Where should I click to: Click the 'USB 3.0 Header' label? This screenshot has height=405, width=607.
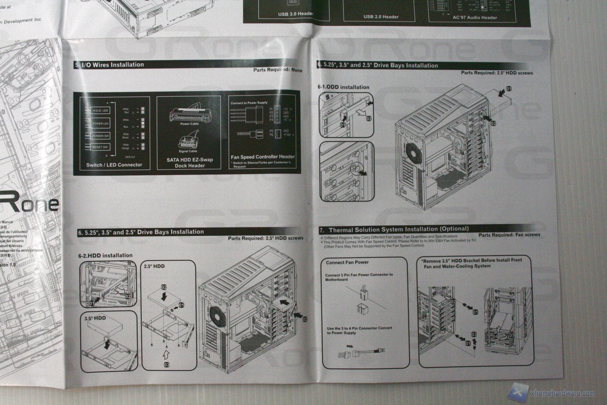[x=295, y=14]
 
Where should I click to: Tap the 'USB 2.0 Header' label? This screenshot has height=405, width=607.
[x=381, y=17]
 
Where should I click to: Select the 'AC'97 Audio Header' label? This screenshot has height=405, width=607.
[x=475, y=17]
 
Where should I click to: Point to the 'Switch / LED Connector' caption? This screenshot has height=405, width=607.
[x=114, y=165]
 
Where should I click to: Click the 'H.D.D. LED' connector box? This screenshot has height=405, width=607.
[x=100, y=110]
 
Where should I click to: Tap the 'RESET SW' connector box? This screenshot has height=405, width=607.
[x=100, y=147]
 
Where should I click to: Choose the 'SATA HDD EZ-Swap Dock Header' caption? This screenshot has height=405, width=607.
[x=190, y=162]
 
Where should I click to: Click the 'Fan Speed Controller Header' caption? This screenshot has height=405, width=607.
[x=263, y=157]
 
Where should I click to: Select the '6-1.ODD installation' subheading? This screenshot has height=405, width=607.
[x=343, y=87]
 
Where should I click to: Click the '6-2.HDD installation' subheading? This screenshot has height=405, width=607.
[x=105, y=256]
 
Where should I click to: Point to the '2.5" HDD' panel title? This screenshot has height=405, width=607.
[x=154, y=266]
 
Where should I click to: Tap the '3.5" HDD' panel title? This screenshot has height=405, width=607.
[x=95, y=318]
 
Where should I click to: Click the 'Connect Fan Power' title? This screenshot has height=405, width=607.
[x=347, y=262]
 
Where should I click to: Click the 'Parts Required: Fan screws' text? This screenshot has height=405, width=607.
[x=509, y=234]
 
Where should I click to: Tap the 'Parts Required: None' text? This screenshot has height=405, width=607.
[x=278, y=70]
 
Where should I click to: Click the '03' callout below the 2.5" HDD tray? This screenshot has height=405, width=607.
[x=167, y=365]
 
